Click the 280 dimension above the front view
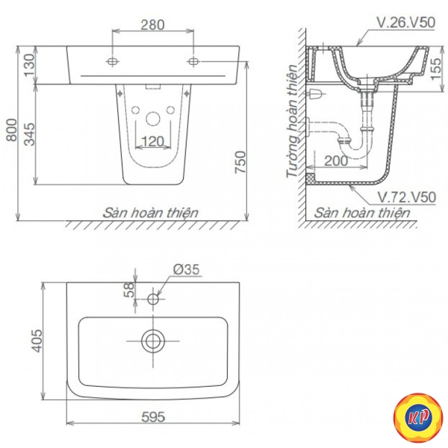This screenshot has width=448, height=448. coord(153,25)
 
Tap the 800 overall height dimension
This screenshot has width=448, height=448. coord(12,130)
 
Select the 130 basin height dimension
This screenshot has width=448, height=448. coord(29,65)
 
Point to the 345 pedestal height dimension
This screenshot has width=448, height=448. coord(29,134)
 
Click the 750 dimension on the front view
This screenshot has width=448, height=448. coord(240,162)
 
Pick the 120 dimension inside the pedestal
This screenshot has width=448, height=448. coord(153,141)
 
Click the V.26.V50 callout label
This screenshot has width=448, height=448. coord(406,22)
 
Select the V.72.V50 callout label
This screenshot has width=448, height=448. coord(407,197)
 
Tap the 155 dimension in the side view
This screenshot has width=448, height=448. coord(436,69)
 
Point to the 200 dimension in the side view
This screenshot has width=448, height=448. coord(336,161)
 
